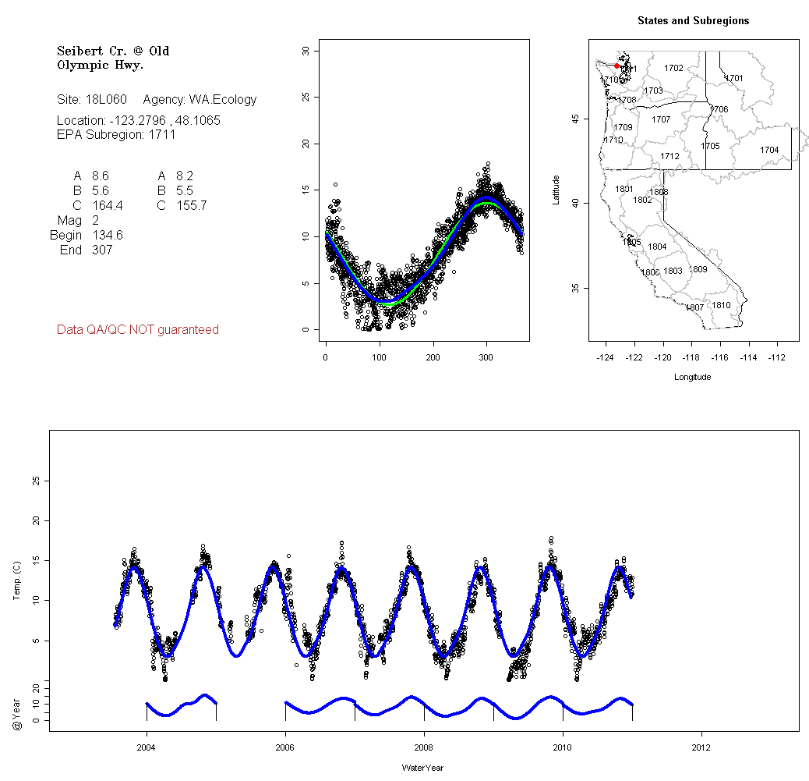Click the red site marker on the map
[616, 66]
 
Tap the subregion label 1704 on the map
[769, 150]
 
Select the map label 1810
[721, 305]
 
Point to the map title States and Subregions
[693, 21]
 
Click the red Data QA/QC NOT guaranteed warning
[138, 330]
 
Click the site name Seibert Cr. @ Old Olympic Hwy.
[113, 58]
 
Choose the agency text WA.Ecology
[222, 100]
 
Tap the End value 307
[102, 250]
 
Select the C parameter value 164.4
[107, 206]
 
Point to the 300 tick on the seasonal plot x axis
[486, 357]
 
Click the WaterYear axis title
[422, 769]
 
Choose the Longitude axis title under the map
[691, 378]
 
